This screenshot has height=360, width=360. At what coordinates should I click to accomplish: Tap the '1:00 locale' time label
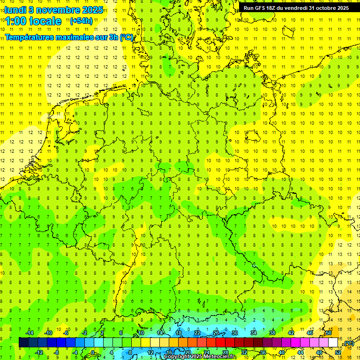pyautogui.click(x=34, y=21)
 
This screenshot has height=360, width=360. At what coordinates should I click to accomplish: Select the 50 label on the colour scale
pyautogui.click(x=329, y=333)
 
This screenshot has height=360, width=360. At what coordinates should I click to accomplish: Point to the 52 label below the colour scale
pyautogui.click(x=338, y=352)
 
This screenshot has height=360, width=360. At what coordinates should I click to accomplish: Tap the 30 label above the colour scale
pyautogui.click(x=235, y=333)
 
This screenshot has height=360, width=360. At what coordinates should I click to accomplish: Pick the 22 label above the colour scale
pyautogui.click(x=197, y=333)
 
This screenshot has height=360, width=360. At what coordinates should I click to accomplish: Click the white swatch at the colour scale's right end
pyautogui.click(x=333, y=343)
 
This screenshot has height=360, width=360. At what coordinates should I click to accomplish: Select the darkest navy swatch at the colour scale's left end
pyautogui.click(x=23, y=343)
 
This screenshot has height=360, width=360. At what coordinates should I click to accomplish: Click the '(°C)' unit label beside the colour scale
pyautogui.click(x=349, y=344)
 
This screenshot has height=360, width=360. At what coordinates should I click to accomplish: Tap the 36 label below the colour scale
pyautogui.click(x=263, y=352)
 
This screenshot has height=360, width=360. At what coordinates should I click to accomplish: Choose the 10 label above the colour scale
pyautogui.click(x=141, y=333)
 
